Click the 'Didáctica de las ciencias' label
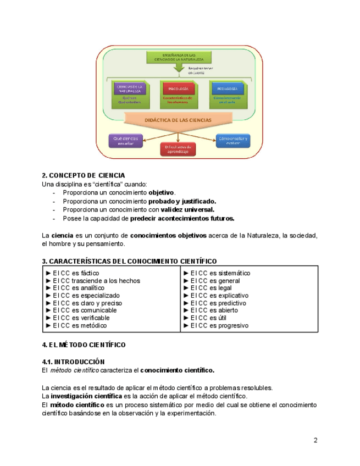[177, 119]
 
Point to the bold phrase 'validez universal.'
[187, 209]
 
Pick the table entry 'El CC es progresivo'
[219, 325]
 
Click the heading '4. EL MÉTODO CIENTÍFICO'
[84, 345]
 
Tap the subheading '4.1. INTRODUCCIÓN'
[73, 362]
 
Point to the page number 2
[315, 440]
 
